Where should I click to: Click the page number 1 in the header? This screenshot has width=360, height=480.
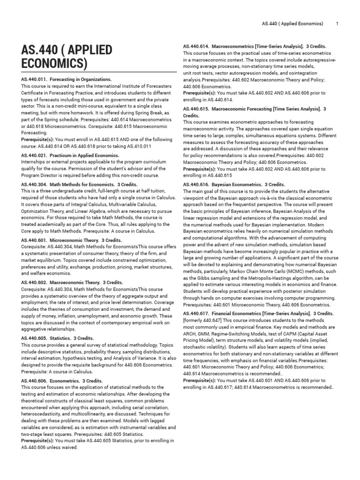click(337, 23)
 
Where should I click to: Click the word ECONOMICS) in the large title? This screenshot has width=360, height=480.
click(54, 64)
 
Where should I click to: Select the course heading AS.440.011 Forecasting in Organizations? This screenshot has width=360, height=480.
click(66, 80)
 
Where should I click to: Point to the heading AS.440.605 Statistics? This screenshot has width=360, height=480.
click(58, 338)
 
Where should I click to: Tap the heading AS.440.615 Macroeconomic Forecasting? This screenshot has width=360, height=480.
click(255, 109)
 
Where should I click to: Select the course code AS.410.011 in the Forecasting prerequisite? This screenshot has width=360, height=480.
click(143, 146)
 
